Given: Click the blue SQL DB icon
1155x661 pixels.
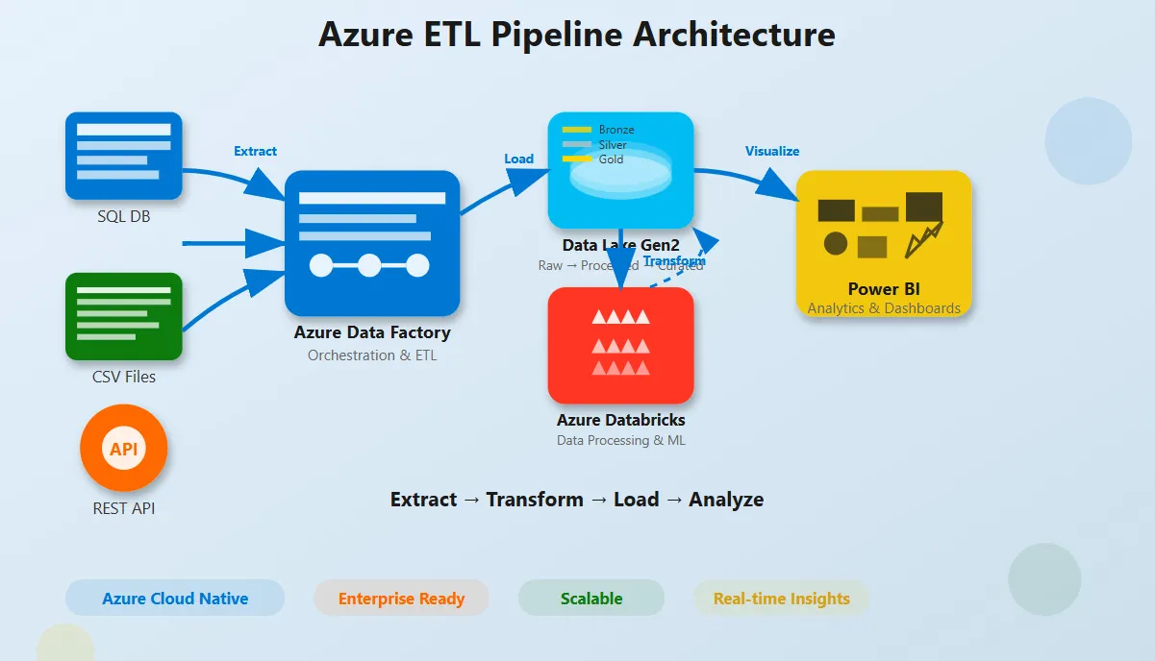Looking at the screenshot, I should (x=123, y=156).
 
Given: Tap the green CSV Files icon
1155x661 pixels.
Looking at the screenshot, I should (x=123, y=316).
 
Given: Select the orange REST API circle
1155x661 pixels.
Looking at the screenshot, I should (x=123, y=448).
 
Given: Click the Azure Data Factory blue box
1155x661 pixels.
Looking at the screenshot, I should (x=372, y=243).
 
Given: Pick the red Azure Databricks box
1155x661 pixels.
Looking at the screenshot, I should (x=620, y=345).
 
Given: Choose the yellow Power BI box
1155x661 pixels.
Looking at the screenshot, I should (x=883, y=243).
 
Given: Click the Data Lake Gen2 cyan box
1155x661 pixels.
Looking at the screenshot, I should (x=620, y=170).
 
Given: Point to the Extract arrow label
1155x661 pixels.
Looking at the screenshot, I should (x=255, y=151).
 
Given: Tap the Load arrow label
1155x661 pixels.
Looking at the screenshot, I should (x=518, y=159).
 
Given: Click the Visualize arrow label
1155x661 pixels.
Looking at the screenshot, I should (x=771, y=151).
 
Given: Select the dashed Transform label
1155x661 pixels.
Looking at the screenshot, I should (x=674, y=261).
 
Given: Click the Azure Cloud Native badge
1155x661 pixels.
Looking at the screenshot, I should (x=175, y=599).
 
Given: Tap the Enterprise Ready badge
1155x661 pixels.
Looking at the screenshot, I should (x=401, y=599).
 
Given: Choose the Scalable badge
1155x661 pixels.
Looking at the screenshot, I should (x=591, y=599).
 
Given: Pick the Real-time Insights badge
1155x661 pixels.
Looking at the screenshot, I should (x=781, y=599).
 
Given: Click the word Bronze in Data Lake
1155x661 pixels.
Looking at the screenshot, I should (x=616, y=130).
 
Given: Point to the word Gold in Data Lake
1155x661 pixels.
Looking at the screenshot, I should (x=611, y=159).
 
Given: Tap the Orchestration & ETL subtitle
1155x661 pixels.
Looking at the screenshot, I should (x=372, y=355).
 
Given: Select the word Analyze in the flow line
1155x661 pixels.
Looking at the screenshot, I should (x=726, y=500).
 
